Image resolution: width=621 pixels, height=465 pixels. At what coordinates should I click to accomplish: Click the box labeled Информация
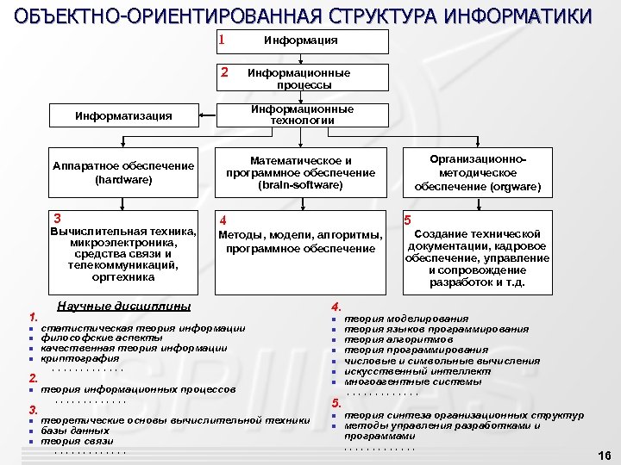click(300, 40)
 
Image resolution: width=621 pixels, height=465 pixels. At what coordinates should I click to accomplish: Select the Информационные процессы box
click(300, 78)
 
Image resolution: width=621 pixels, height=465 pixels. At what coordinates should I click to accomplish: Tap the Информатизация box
click(123, 115)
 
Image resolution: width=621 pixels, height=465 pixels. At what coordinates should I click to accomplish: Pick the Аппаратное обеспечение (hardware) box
click(123, 173)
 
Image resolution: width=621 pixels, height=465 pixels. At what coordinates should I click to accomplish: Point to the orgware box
click(477, 173)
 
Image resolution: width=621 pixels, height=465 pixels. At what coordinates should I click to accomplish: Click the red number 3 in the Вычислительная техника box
click(57, 219)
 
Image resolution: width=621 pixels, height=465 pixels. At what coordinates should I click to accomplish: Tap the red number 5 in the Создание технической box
click(408, 220)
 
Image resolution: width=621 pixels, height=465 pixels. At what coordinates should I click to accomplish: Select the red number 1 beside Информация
click(223, 40)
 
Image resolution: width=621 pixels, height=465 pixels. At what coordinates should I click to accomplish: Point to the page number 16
click(604, 455)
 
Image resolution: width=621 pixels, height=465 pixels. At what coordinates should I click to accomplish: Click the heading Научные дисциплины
click(123, 307)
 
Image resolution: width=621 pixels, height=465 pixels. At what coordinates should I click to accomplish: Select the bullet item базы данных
click(75, 430)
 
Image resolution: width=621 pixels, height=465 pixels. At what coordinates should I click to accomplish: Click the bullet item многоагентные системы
click(401, 381)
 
